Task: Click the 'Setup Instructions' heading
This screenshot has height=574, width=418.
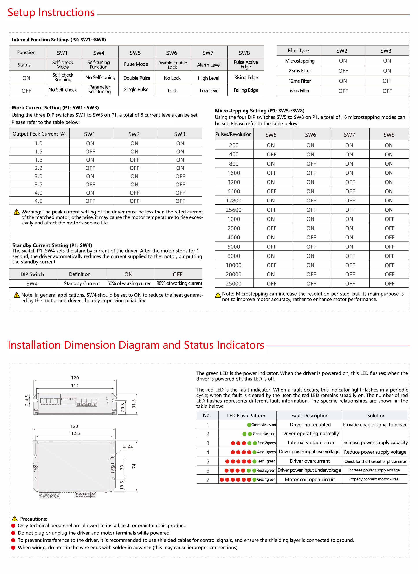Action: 51,13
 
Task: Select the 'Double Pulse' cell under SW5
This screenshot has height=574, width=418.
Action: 137,78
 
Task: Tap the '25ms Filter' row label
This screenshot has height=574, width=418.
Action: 300,71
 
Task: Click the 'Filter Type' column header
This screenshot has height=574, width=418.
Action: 298,51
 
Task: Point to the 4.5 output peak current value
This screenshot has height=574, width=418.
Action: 38,201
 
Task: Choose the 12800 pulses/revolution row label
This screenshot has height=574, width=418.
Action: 234,201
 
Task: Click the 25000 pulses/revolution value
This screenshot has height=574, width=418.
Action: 234,284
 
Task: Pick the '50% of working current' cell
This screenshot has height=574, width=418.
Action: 130,283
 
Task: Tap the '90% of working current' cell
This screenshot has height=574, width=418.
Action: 179,283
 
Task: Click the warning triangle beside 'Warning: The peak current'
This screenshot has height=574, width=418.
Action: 16,212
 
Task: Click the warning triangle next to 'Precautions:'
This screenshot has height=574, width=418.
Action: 15,519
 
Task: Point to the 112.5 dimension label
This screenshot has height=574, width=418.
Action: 74,433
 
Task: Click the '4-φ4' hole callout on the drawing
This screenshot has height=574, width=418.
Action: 128,447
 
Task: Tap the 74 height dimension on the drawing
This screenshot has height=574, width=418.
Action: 134,466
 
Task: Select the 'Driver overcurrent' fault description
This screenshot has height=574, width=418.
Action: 310,461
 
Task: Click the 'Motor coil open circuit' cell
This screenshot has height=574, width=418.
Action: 310,480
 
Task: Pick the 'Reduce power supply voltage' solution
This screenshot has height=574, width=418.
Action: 375,452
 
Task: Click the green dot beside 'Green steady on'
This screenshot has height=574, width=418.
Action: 249,425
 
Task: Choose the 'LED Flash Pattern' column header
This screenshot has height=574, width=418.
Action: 246,416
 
